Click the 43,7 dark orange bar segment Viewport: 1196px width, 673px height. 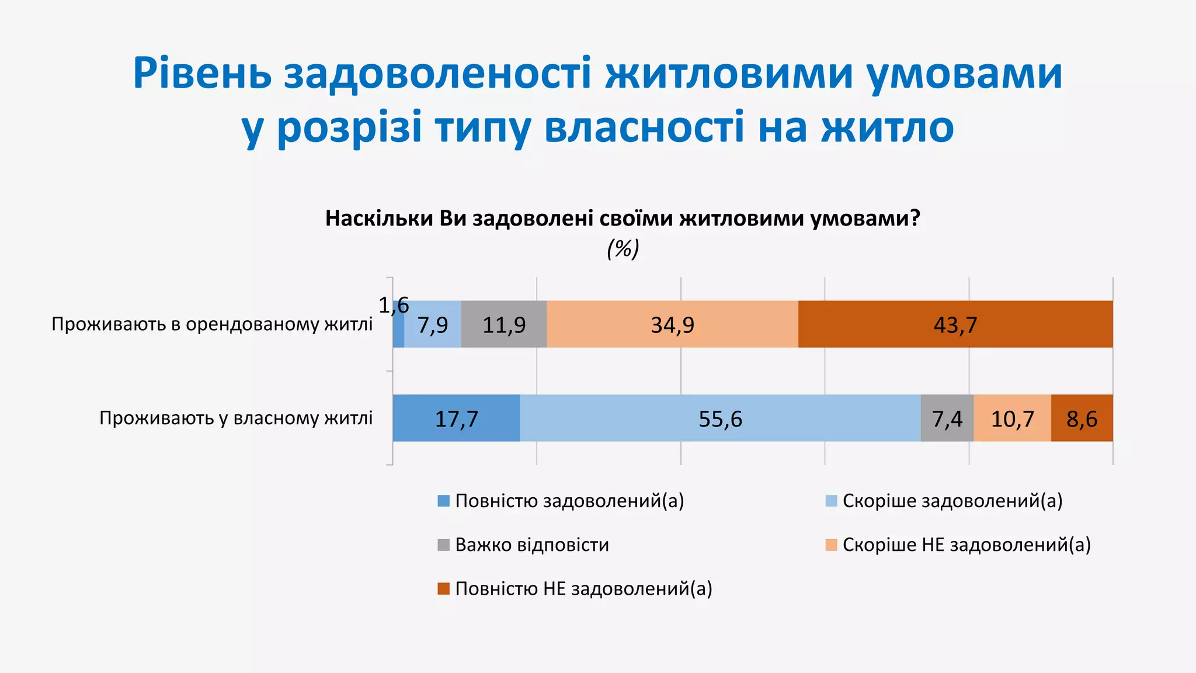pos(955,324)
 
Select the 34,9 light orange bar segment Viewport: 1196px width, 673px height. pos(672,324)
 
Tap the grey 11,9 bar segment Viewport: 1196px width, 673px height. pos(504,324)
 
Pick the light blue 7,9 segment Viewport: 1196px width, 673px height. pos(433,324)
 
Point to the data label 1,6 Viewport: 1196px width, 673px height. pos(394,306)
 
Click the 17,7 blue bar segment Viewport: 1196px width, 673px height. pos(456,418)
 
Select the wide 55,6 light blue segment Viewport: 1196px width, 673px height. pos(720,418)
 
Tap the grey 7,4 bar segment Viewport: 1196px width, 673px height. pos(947,418)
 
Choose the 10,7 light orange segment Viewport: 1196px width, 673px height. pos(1012,418)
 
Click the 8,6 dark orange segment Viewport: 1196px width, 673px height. pos(1082,418)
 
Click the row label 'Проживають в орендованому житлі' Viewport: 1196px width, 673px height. pos(212,324)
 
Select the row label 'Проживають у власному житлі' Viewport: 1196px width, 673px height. pos(236,418)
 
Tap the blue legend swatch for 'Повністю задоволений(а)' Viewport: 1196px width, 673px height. pos(444,501)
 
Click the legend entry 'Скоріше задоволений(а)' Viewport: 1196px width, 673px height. pos(952,501)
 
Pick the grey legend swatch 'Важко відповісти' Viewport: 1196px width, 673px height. pos(444,545)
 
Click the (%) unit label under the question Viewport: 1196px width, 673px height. pos(623,249)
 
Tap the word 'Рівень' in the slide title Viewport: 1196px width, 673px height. pos(202,74)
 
